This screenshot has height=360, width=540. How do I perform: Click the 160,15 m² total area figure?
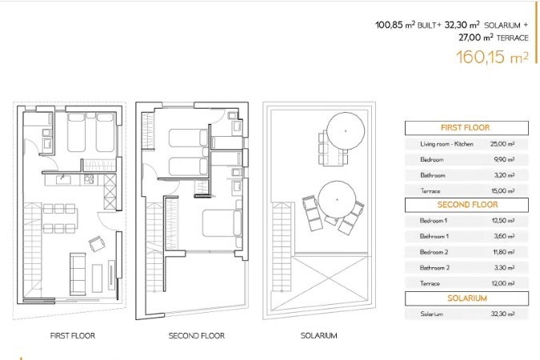492,57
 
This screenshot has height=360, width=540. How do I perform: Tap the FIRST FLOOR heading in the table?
466,128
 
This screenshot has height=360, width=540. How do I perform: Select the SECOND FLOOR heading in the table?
467,205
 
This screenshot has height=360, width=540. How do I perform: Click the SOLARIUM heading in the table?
467,298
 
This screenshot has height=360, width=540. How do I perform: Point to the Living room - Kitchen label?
446,144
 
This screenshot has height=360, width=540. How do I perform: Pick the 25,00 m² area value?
502,144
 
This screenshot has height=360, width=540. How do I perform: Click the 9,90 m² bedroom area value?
504,159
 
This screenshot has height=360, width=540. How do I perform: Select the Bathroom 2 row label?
434,268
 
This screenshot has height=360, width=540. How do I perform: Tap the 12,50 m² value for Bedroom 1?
503,221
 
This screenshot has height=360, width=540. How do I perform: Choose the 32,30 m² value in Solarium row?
503,314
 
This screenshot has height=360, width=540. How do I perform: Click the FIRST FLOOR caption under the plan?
72,335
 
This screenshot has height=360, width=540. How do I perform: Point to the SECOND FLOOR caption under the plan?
197,335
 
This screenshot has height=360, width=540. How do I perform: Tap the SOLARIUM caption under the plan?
318,335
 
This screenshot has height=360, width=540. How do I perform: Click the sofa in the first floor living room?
78,274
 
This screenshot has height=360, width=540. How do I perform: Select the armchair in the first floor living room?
97,244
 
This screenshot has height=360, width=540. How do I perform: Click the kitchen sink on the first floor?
63,179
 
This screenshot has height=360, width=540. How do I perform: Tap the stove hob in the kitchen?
89,179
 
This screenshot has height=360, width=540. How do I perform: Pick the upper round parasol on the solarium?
346,131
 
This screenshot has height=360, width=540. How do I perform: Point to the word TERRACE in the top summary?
513,38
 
